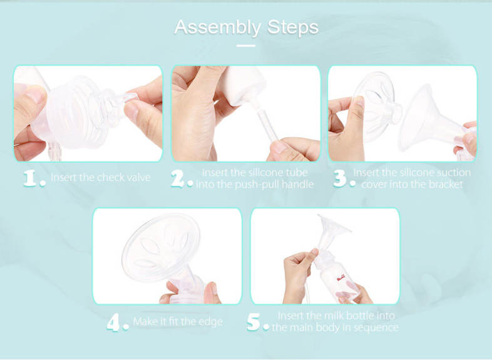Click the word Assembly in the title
(x=217, y=28)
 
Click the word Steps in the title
(x=293, y=27)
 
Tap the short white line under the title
(x=245, y=46)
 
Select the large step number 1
(x=30, y=178)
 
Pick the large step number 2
(x=178, y=178)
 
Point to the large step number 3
(x=340, y=178)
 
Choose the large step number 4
(x=113, y=322)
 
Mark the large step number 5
(x=254, y=322)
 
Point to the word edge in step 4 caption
(x=210, y=322)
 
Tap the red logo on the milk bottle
(x=341, y=277)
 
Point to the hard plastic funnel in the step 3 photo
(x=431, y=121)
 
